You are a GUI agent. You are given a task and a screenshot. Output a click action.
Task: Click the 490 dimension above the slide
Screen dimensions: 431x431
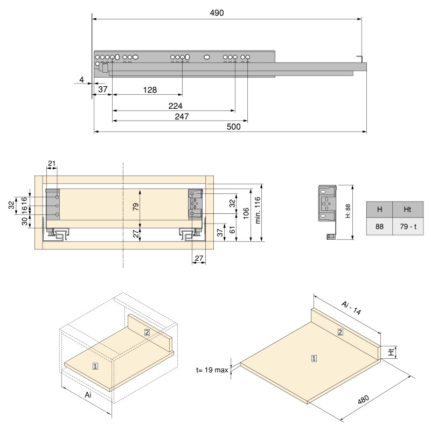(217, 13)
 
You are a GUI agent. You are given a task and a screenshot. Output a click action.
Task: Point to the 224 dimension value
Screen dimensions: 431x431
(175, 106)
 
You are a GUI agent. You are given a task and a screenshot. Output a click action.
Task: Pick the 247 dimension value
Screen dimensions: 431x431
(180, 116)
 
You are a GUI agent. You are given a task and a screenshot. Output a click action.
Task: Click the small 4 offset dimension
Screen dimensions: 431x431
(81, 80)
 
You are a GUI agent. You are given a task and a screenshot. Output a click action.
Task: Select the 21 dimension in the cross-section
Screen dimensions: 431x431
(52, 163)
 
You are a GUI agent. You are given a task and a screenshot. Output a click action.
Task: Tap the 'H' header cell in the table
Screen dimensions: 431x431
(380, 210)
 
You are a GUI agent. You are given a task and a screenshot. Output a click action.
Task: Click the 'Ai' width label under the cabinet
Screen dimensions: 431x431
(88, 395)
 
